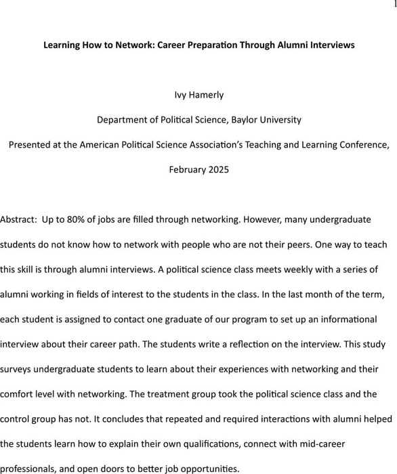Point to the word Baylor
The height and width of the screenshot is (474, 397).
pos(245,120)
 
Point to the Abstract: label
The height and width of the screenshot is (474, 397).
pos(18,221)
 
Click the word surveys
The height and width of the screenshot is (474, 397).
pos(18,368)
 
